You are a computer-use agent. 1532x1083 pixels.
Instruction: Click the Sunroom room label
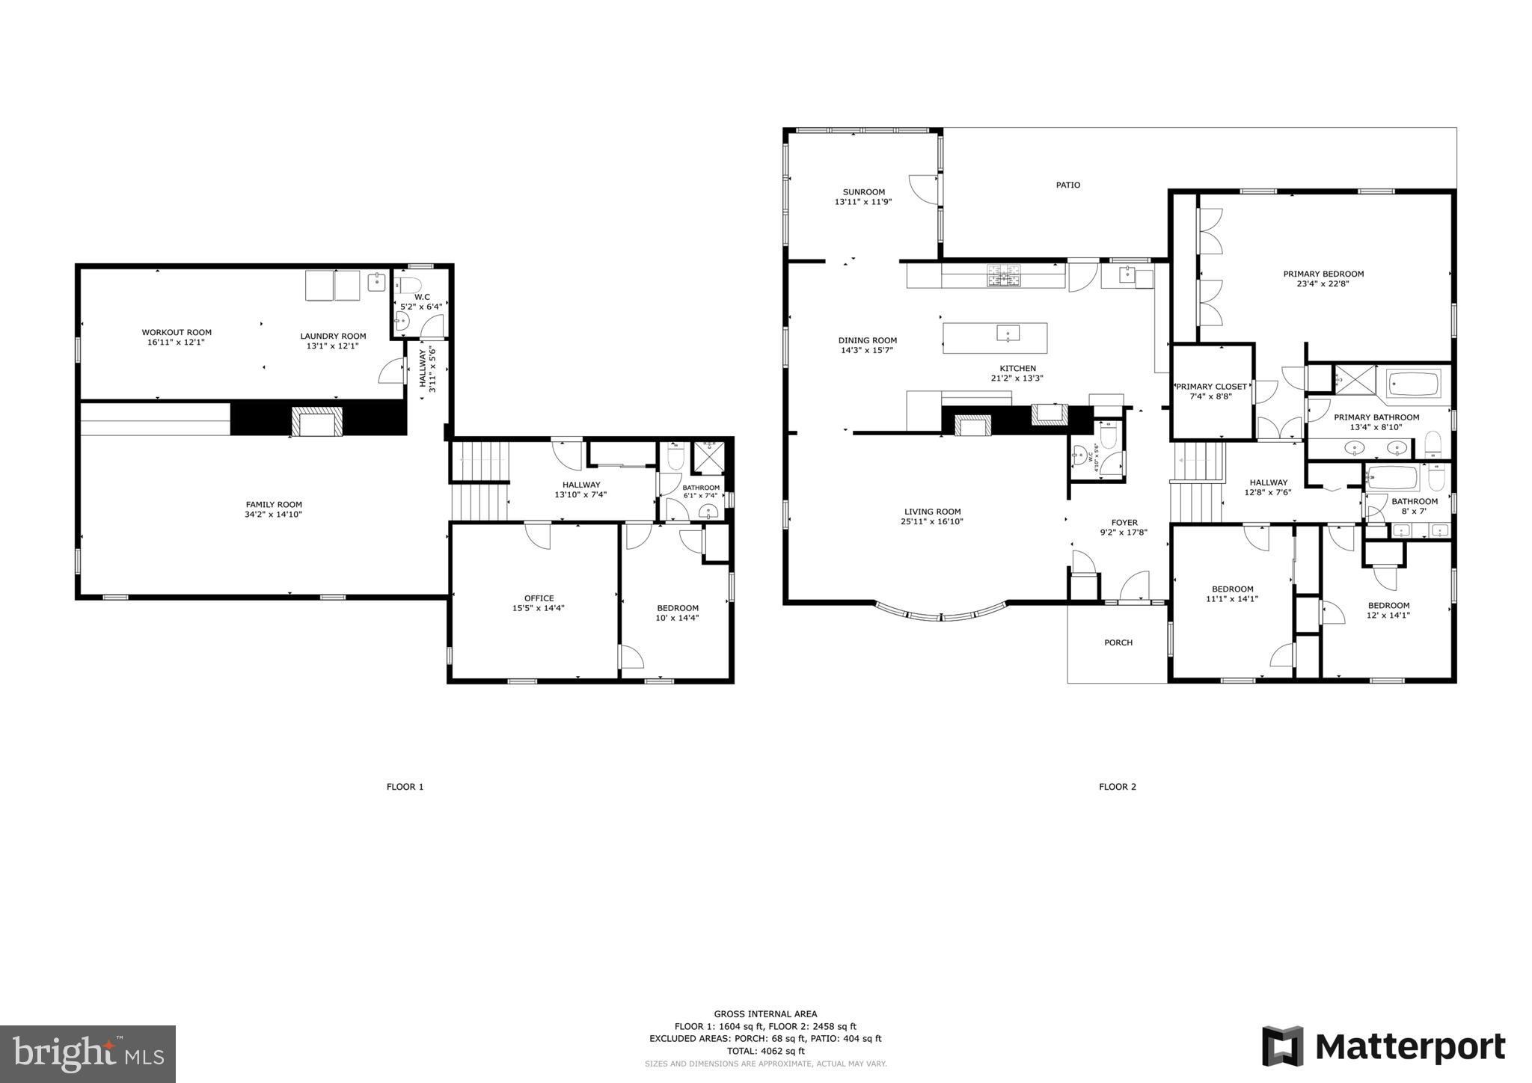click(x=863, y=192)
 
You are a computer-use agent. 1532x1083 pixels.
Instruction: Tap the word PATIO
click(x=1067, y=185)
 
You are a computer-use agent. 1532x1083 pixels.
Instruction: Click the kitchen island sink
click(x=1008, y=333)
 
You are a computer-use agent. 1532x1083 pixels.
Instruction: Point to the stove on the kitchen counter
click(x=1004, y=276)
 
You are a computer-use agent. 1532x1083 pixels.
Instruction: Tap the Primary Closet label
click(x=1211, y=387)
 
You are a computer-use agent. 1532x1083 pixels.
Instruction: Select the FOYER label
click(x=1124, y=523)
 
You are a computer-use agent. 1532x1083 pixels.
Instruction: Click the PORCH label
click(x=1118, y=642)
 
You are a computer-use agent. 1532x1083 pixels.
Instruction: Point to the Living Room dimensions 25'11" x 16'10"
click(x=932, y=522)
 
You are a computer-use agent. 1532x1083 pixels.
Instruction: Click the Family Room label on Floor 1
click(x=273, y=505)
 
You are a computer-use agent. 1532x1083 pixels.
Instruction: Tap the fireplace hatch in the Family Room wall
click(x=317, y=422)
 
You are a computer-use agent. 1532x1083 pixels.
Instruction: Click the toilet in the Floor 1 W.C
click(x=408, y=285)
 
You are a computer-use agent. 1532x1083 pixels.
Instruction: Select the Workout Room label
click(x=177, y=332)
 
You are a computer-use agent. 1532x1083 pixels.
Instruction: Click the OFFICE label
click(x=539, y=598)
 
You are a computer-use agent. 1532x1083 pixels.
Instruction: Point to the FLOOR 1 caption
click(x=405, y=787)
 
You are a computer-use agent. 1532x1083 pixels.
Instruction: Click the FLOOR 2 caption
click(x=1117, y=787)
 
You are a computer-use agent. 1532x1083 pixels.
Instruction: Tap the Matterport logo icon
click(x=1282, y=1046)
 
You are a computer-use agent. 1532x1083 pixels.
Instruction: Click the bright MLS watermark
click(x=88, y=1054)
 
